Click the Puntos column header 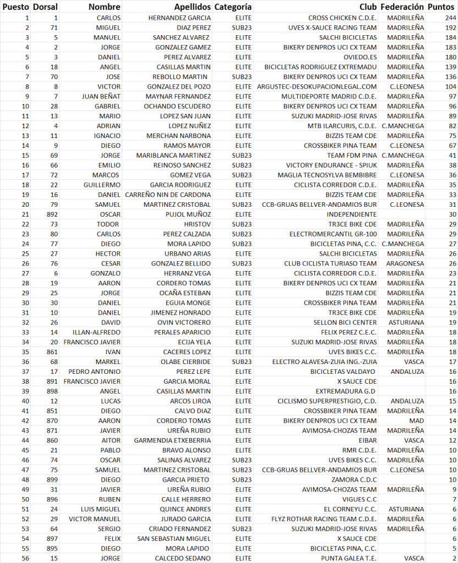(x=441, y=7)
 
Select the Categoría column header (x=233, y=7)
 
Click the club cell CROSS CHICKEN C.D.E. (x=342, y=18)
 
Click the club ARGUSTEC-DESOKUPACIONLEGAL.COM (x=317, y=86)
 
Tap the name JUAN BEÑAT (x=102, y=96)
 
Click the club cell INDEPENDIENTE (x=352, y=214)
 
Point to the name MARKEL (x=108, y=362)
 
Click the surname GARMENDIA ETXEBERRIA (x=172, y=440)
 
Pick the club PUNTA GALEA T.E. (x=350, y=559)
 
